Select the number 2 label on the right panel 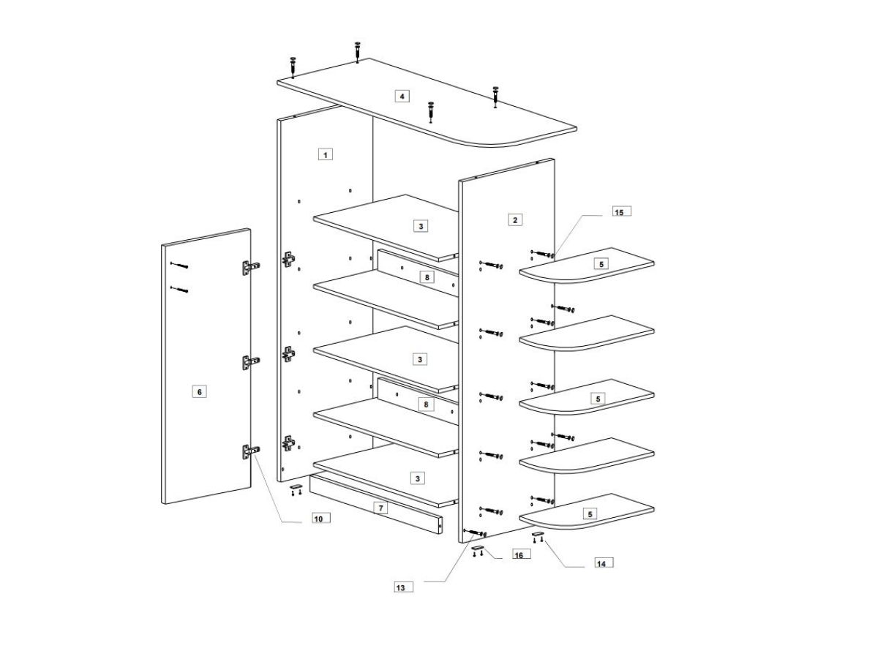pos(515,219)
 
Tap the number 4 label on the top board pos(401,96)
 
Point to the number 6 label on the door pos(198,392)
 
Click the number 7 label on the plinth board pos(380,508)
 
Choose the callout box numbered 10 pos(318,518)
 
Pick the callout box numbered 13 pos(400,587)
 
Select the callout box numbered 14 pos(601,563)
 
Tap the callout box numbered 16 pos(518,555)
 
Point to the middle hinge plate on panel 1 pos(290,354)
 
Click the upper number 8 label pos(428,277)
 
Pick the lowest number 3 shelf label pos(417,478)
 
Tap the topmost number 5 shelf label pos(601,263)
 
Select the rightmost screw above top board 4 pos(495,95)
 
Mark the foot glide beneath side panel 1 pos(296,485)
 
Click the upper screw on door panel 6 pos(179,265)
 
